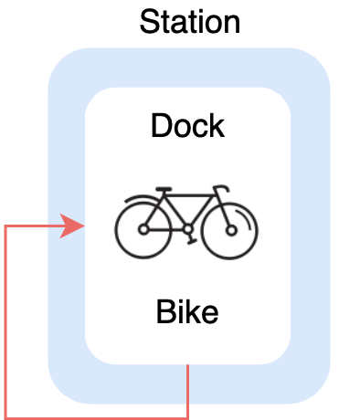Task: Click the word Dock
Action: (x=187, y=125)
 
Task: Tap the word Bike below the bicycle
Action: (x=187, y=312)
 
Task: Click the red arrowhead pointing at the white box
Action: (x=73, y=226)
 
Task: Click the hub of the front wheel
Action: (x=230, y=230)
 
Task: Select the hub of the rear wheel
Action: (x=143, y=230)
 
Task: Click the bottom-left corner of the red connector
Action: (x=7, y=416)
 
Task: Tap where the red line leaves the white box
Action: (x=187, y=364)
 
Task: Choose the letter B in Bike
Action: (x=165, y=312)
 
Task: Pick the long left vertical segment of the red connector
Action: (x=7, y=320)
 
